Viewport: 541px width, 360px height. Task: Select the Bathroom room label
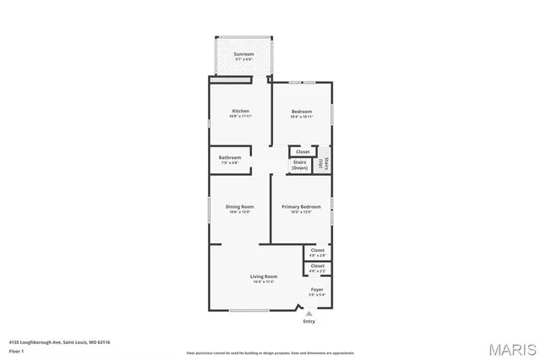(230, 158)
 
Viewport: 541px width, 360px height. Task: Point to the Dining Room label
(239, 208)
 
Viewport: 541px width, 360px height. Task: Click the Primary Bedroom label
(301, 208)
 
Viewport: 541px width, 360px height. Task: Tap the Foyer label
(317, 290)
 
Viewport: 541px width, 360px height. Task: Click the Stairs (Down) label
(300, 166)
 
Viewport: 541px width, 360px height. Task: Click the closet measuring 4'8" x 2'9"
(318, 252)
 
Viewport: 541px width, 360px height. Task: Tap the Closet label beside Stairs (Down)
(303, 152)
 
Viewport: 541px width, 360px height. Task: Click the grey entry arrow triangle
(309, 314)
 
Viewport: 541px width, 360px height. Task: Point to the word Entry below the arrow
(309, 321)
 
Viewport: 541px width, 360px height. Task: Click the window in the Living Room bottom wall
(249, 310)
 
